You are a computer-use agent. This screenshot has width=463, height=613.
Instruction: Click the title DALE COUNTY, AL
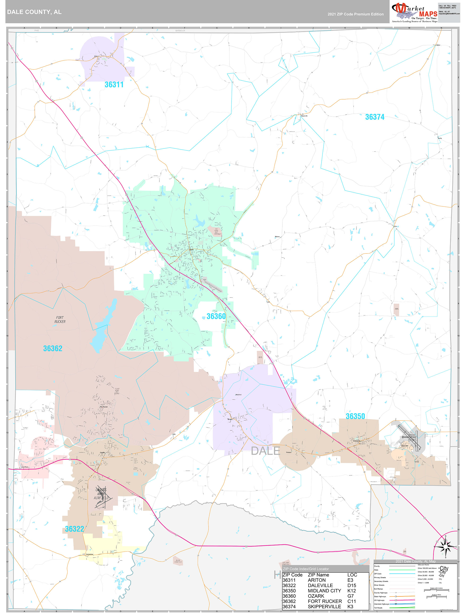(x=34, y=12)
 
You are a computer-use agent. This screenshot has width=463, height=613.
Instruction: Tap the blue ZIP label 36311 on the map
(x=114, y=84)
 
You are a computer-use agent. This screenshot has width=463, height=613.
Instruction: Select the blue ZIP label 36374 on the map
(x=374, y=117)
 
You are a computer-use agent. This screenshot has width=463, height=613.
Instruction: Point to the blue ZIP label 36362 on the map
(x=53, y=348)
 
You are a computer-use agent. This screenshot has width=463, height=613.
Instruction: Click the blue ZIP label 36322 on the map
(x=74, y=529)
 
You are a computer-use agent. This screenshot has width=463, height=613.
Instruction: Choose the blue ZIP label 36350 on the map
(x=355, y=416)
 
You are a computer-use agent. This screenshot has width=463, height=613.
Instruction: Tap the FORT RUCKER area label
(x=60, y=319)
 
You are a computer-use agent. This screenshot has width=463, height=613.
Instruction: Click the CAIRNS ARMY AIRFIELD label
(x=101, y=494)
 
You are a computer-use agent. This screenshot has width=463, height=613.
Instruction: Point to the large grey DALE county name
(x=265, y=451)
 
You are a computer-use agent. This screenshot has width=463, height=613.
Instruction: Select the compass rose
(x=445, y=547)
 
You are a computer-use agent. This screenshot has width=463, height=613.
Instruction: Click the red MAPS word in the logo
(x=428, y=14)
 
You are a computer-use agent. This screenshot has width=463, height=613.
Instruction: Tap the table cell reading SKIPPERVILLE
(x=324, y=607)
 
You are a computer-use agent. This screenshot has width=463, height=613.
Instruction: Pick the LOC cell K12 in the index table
(x=351, y=591)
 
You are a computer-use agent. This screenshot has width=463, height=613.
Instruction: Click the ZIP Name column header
(x=318, y=575)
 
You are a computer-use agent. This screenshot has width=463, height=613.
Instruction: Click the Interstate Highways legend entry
(x=382, y=604)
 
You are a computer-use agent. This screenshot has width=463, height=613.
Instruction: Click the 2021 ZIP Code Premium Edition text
(x=355, y=14)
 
